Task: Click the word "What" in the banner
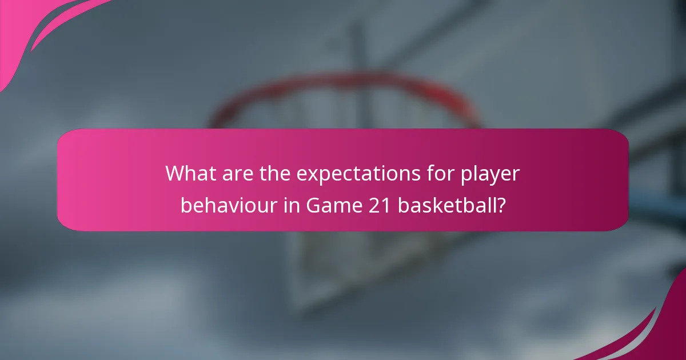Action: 191,174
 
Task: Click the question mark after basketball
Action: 501,205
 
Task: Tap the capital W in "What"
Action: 174,174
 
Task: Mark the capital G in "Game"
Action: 314,205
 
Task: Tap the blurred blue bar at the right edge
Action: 663,214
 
